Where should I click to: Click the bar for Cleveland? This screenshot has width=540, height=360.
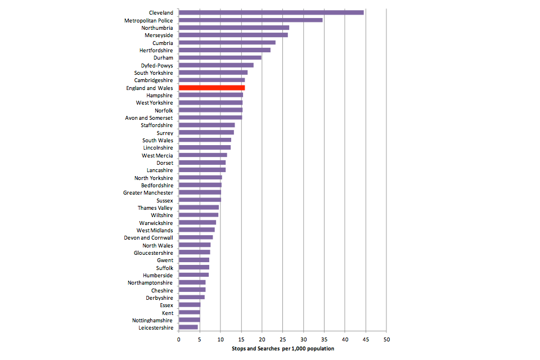(271, 12)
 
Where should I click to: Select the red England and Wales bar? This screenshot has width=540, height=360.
(211, 88)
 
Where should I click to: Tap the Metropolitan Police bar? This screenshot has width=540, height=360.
(250, 20)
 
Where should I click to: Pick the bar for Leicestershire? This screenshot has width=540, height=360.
(188, 327)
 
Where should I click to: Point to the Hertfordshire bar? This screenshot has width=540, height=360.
(224, 50)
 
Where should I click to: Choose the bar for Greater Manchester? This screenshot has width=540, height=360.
(200, 192)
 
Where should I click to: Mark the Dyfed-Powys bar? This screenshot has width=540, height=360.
(216, 65)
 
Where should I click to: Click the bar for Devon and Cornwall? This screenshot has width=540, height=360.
(196, 237)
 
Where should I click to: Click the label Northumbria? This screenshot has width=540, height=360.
(157, 28)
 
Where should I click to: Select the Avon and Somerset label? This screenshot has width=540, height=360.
(149, 118)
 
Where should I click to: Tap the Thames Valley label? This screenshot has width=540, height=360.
(155, 208)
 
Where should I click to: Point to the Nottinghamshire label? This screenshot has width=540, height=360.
(152, 320)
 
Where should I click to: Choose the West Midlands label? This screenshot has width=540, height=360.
(155, 230)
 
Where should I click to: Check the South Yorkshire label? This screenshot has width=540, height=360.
(154, 73)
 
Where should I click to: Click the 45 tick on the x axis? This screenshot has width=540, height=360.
(366, 340)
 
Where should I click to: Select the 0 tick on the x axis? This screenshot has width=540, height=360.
(179, 340)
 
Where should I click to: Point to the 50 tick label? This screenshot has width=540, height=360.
(386, 340)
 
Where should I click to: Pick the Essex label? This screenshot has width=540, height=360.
(166, 305)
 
